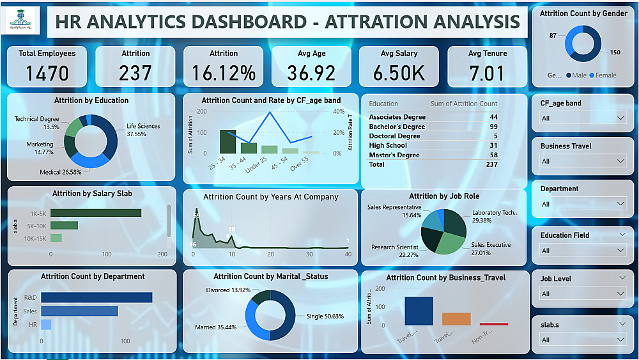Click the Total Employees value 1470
click(47, 73)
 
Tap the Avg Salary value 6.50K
click(399, 73)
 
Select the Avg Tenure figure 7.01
click(487, 73)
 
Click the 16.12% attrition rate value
click(224, 73)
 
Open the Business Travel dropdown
click(582, 161)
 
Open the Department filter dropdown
click(582, 204)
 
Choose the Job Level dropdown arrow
click(621, 294)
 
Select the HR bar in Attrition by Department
click(46, 325)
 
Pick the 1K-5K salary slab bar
click(96, 213)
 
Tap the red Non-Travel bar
click(494, 324)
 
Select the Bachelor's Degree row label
click(397, 127)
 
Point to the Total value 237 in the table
click(491, 164)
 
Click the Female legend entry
click(603, 75)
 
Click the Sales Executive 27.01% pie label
click(491, 249)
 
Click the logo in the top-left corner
click(22, 21)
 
